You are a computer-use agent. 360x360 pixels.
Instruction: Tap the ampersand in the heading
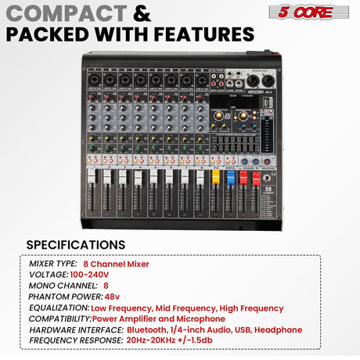[x=142, y=13]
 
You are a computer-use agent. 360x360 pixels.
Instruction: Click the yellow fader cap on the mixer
[x=216, y=178]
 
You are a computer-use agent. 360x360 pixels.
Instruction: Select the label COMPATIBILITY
[x=59, y=319]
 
